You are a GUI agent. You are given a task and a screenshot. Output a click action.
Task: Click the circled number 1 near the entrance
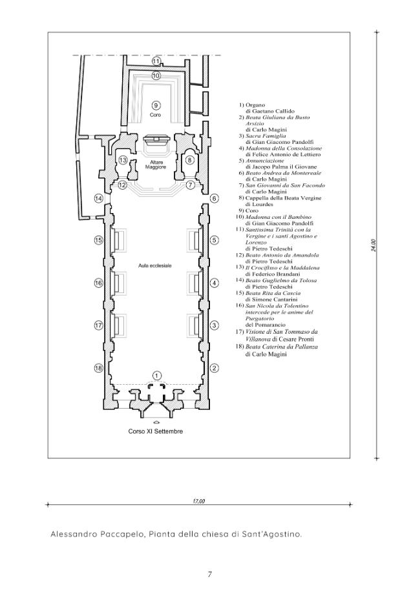point(157,375)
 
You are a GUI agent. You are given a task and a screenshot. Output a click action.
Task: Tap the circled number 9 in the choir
point(155,105)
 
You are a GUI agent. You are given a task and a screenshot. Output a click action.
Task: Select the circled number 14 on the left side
point(99,198)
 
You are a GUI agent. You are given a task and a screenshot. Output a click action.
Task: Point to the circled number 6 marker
point(215,198)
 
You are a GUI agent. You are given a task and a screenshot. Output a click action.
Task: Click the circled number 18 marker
point(99,368)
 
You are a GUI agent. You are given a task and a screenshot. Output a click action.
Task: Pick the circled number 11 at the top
point(156,61)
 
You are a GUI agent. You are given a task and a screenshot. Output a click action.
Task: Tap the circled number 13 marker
point(123,160)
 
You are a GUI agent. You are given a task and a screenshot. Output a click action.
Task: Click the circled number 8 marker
point(190,160)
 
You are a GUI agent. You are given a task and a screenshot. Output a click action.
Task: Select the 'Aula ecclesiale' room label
point(155,266)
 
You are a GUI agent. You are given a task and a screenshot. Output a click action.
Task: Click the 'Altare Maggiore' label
point(155,165)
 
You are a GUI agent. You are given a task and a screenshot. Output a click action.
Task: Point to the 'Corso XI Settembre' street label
point(155,431)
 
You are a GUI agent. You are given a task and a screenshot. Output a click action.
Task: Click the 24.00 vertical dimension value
point(373,245)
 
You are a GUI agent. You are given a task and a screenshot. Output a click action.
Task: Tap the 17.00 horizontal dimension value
point(199,502)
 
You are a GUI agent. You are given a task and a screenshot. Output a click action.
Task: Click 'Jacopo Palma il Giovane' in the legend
point(281,167)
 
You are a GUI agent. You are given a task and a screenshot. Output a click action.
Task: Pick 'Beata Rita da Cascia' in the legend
point(273,293)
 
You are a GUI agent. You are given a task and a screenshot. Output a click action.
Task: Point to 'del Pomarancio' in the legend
point(266,325)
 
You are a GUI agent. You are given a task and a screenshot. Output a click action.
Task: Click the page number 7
point(210,575)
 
